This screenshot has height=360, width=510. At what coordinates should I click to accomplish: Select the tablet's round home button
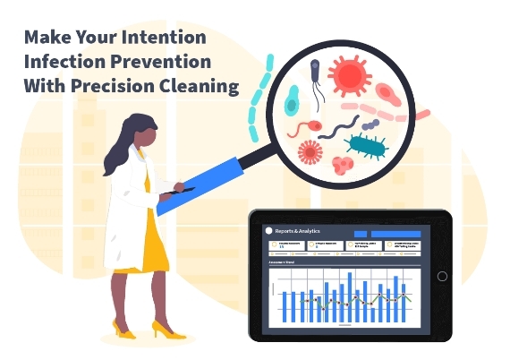(442, 276)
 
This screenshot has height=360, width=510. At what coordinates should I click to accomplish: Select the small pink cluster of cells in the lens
(343, 164)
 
